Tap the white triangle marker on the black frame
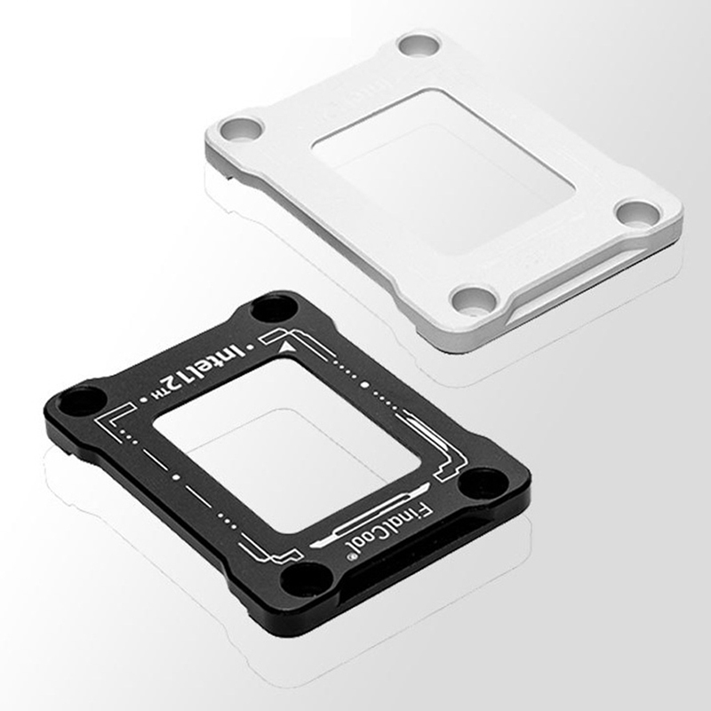[x=285, y=348]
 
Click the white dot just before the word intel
[x=248, y=348]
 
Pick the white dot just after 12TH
[x=144, y=400]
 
